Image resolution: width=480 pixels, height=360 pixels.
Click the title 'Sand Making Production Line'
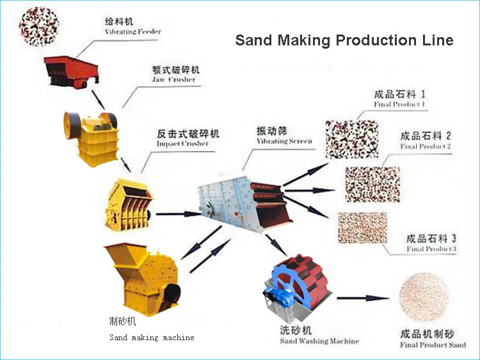(344, 40)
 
